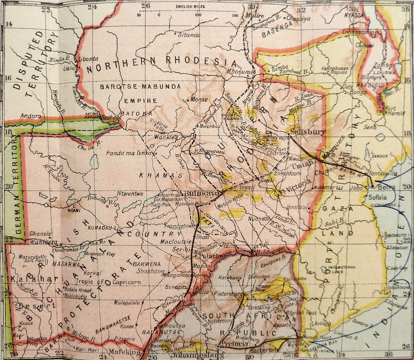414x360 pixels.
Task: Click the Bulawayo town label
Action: point(194,193)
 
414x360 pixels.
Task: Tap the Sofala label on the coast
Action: point(378,198)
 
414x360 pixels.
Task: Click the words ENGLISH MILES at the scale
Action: point(189,7)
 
